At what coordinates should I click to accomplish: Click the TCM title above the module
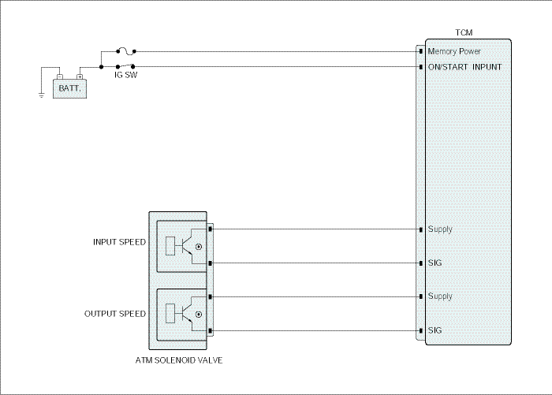[x=464, y=33]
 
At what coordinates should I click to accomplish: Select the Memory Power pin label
[x=454, y=51]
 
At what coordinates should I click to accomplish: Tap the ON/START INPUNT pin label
[x=464, y=67]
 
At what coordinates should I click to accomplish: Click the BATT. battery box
[x=69, y=88]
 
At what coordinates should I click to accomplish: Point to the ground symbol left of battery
[x=42, y=95]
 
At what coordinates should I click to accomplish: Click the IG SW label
[x=125, y=75]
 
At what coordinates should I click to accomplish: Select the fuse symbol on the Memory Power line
[x=126, y=51]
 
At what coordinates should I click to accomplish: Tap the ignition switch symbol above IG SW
[x=125, y=66]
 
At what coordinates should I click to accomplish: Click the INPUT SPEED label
[x=119, y=242]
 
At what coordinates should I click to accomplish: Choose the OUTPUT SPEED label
[x=115, y=314]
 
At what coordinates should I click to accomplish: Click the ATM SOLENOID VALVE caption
[x=179, y=360]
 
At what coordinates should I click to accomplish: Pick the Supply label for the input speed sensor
[x=440, y=229]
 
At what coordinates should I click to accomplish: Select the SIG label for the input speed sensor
[x=435, y=263]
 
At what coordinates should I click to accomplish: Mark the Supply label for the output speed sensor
[x=440, y=296]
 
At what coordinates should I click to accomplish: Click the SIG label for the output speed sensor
[x=435, y=330]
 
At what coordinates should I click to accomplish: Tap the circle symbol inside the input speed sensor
[x=199, y=247]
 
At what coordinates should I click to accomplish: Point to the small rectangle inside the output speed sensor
[x=170, y=313]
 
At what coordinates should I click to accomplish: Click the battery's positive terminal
[x=80, y=76]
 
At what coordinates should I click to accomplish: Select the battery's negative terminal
[x=60, y=76]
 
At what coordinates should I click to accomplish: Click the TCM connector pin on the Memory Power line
[x=421, y=52]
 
